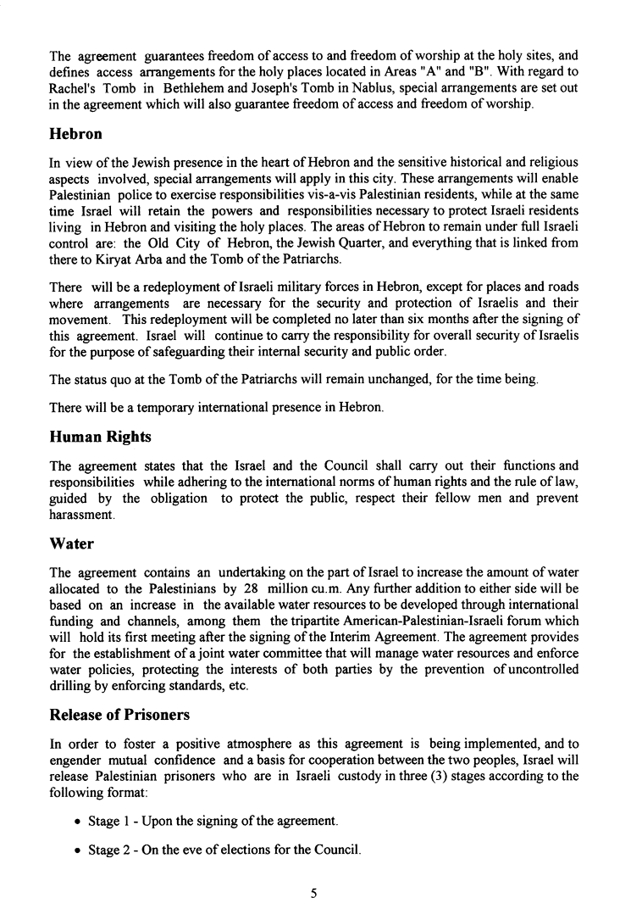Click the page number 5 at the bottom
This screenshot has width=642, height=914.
pos(313,891)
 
